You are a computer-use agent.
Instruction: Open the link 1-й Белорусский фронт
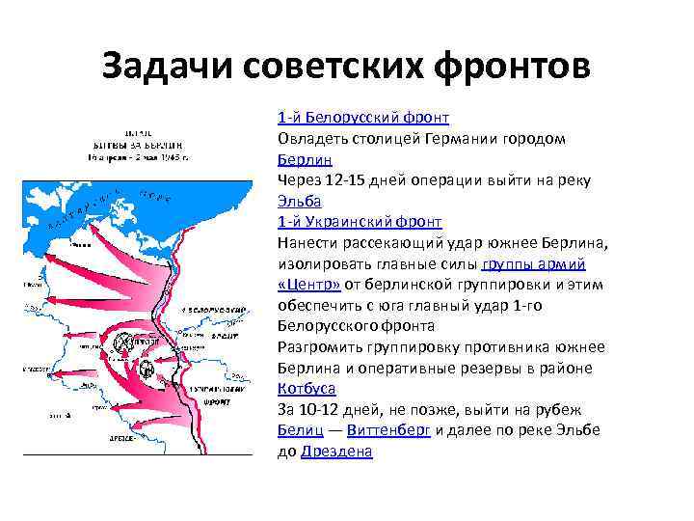[x=363, y=118]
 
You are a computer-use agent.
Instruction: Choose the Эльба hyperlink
[x=298, y=201]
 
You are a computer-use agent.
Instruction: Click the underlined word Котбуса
[x=307, y=389]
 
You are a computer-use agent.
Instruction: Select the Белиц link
[x=295, y=430]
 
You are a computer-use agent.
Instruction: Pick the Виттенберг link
[x=388, y=430]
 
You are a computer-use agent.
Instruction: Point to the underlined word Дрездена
[x=336, y=452]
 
